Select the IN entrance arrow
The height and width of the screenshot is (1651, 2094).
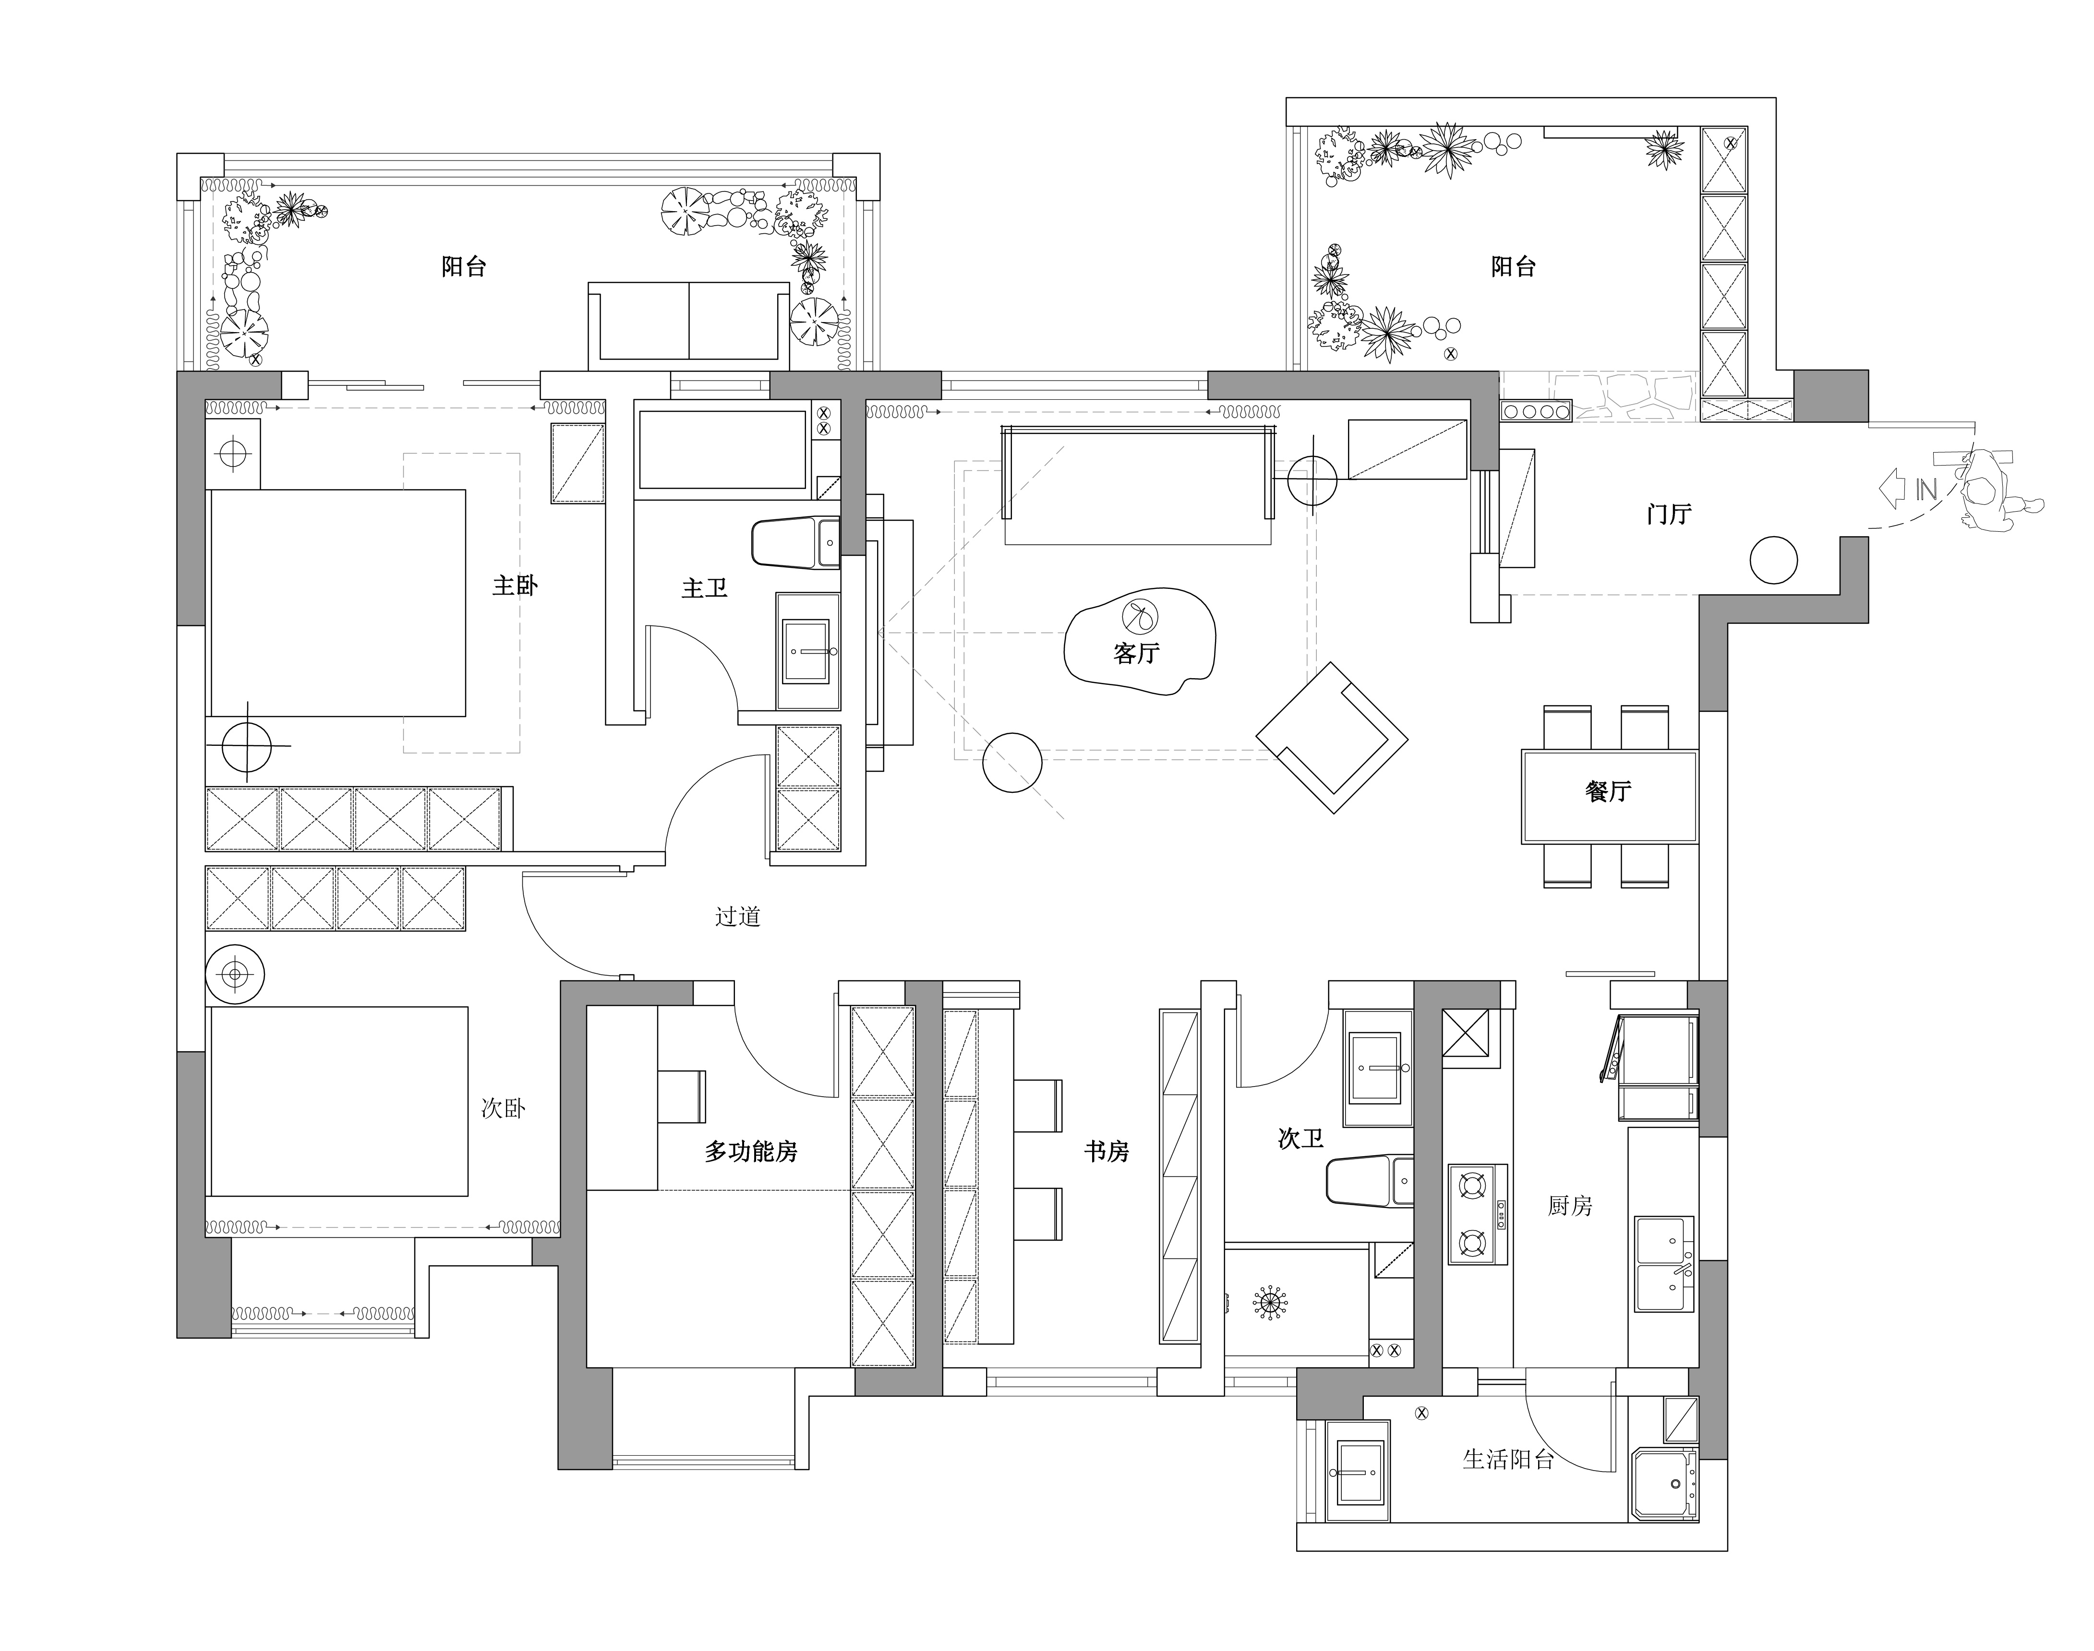click(1906, 489)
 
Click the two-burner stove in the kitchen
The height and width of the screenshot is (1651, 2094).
click(1477, 1214)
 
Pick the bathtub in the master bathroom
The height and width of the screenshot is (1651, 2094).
click(722, 451)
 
